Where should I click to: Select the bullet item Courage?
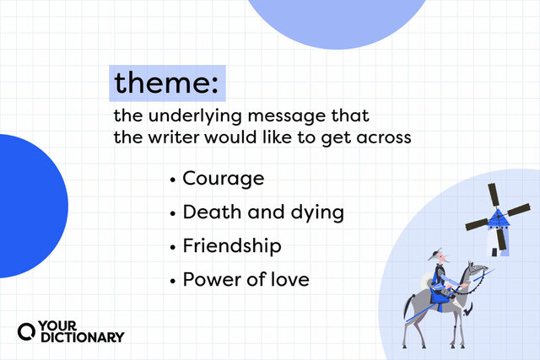(x=223, y=179)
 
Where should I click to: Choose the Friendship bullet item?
(x=231, y=245)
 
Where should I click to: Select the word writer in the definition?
(x=171, y=137)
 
